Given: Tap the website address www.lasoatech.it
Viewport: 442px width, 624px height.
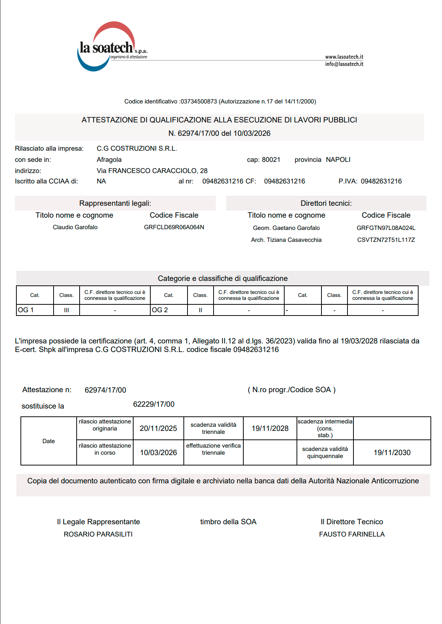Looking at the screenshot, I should [x=344, y=57].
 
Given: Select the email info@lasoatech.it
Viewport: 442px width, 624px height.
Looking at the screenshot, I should [x=344, y=64].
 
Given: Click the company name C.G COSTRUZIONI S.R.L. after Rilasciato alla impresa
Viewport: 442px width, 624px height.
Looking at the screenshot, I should [x=137, y=148].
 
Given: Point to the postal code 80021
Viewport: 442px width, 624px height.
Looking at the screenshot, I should [x=271, y=160].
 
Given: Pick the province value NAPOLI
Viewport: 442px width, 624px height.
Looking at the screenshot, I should [x=338, y=160].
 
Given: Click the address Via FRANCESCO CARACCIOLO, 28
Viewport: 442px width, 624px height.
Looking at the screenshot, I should [x=152, y=171].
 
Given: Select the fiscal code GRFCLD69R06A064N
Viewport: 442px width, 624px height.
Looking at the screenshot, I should [x=174, y=227].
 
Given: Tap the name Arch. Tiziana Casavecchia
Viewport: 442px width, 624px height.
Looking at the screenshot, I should [x=286, y=240].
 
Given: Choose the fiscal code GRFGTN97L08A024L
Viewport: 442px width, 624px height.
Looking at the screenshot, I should [x=386, y=228].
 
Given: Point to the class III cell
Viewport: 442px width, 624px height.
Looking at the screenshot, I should [x=66, y=310].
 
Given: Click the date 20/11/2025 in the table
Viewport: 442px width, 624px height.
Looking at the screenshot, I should [x=158, y=428].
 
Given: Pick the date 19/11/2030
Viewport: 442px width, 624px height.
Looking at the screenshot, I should [x=392, y=452].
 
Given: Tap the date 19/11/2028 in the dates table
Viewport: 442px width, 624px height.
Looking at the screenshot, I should [x=270, y=428].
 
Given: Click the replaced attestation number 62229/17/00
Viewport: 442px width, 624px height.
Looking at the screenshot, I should [x=154, y=404].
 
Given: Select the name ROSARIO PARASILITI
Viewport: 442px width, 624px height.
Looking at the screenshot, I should [x=98, y=534].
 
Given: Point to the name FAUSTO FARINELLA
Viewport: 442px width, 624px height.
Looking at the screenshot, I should [x=352, y=534].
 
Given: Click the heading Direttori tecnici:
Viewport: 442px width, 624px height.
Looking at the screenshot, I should [x=326, y=203].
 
